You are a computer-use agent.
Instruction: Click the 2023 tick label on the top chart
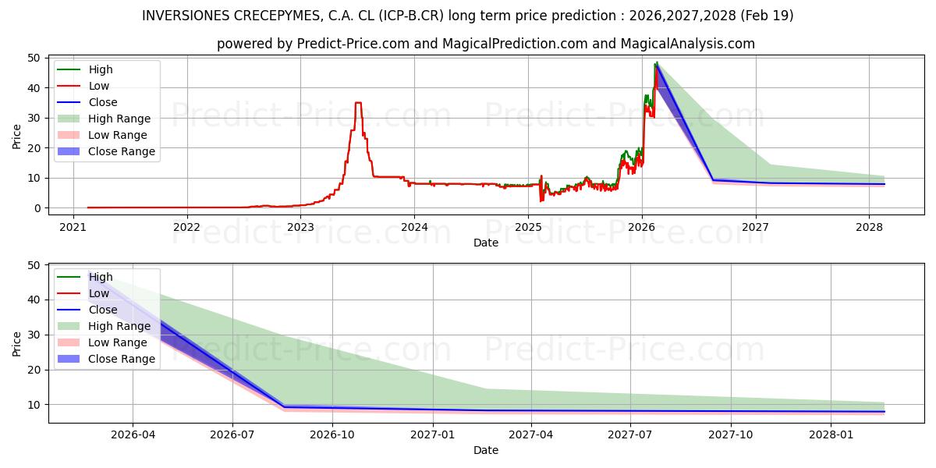pyautogui.click(x=300, y=227)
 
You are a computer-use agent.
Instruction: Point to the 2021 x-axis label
pyautogui.click(x=73, y=227)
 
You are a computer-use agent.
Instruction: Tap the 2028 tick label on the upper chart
pyautogui.click(x=869, y=227)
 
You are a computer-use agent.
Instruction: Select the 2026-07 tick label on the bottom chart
pyautogui.click(x=232, y=435)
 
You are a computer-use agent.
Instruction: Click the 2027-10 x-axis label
pyautogui.click(x=731, y=435)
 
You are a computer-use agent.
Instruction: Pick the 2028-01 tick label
pyautogui.click(x=831, y=435)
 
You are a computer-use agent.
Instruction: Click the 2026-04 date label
pyautogui.click(x=133, y=435)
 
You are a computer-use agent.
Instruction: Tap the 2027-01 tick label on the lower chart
pyautogui.click(x=433, y=435)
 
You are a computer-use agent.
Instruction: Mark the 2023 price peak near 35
pyautogui.click(x=358, y=102)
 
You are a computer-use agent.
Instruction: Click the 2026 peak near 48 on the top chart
pyautogui.click(x=657, y=62)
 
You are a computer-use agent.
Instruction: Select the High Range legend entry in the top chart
pyautogui.click(x=104, y=119)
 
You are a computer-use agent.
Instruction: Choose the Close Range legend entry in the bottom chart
pyautogui.click(x=106, y=359)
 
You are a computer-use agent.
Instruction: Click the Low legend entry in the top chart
pyautogui.click(x=83, y=86)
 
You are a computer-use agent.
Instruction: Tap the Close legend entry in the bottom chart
pyautogui.click(x=87, y=310)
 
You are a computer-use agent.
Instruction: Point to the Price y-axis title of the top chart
pyautogui.click(x=16, y=136)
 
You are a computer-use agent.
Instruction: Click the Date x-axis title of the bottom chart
pyautogui.click(x=485, y=451)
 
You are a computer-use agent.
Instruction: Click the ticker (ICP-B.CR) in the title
pyautogui.click(x=411, y=16)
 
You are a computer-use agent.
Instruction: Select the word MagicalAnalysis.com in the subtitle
pyautogui.click(x=687, y=44)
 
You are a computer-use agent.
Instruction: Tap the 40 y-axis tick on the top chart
pyautogui.click(x=34, y=88)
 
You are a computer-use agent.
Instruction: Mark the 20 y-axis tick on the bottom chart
pyautogui.click(x=34, y=370)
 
